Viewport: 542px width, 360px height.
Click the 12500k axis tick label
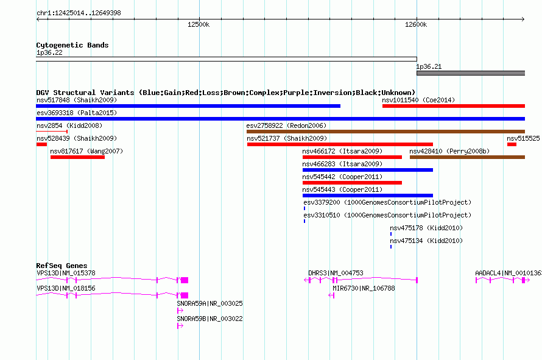(199, 24)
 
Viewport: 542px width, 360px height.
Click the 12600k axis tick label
(416, 24)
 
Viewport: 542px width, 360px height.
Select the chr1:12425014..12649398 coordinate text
(79, 13)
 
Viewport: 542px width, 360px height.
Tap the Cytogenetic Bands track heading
(72, 45)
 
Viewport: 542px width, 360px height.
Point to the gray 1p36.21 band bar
(471, 73)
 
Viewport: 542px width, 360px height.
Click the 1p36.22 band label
(49, 52)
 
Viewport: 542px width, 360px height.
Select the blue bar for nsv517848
(188, 106)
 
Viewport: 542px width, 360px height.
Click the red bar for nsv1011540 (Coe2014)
(454, 106)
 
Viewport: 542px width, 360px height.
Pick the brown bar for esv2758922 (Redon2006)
(385, 132)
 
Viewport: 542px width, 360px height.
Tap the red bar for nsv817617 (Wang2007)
(77, 157)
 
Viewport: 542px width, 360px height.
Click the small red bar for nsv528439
(41, 144)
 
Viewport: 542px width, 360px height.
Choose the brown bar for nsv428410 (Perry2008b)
(467, 157)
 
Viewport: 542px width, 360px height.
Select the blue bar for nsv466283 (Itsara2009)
(368, 170)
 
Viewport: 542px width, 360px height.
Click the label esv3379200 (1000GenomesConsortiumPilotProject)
(387, 202)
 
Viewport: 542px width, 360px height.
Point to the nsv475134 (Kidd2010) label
(426, 241)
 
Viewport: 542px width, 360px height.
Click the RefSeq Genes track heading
(62, 266)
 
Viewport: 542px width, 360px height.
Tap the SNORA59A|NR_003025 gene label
(210, 303)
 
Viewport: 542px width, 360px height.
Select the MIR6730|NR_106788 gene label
(364, 288)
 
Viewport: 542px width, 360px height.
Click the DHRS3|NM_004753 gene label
(336, 273)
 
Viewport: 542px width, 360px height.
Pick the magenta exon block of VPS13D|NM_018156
(185, 295)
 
